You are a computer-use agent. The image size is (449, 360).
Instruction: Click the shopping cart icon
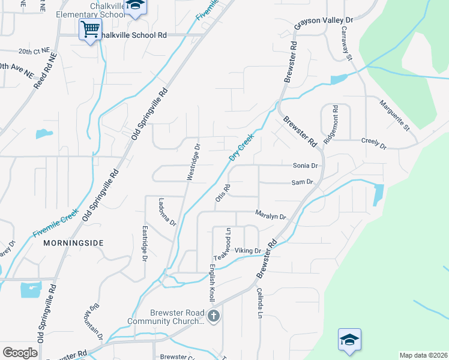(90, 28)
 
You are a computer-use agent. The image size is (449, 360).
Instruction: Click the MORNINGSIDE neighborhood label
(73, 243)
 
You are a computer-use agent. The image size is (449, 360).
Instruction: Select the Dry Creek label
(242, 147)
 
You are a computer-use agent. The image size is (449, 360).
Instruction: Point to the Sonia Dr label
(305, 166)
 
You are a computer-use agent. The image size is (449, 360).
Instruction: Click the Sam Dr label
(303, 182)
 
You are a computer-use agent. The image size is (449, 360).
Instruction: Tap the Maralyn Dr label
(271, 214)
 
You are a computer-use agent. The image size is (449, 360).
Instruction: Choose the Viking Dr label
(248, 251)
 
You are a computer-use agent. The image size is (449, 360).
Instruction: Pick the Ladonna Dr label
(167, 212)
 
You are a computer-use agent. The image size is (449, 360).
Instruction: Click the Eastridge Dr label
(145, 243)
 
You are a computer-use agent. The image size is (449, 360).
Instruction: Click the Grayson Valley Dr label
(324, 23)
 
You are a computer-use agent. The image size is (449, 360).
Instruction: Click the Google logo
(20, 353)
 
